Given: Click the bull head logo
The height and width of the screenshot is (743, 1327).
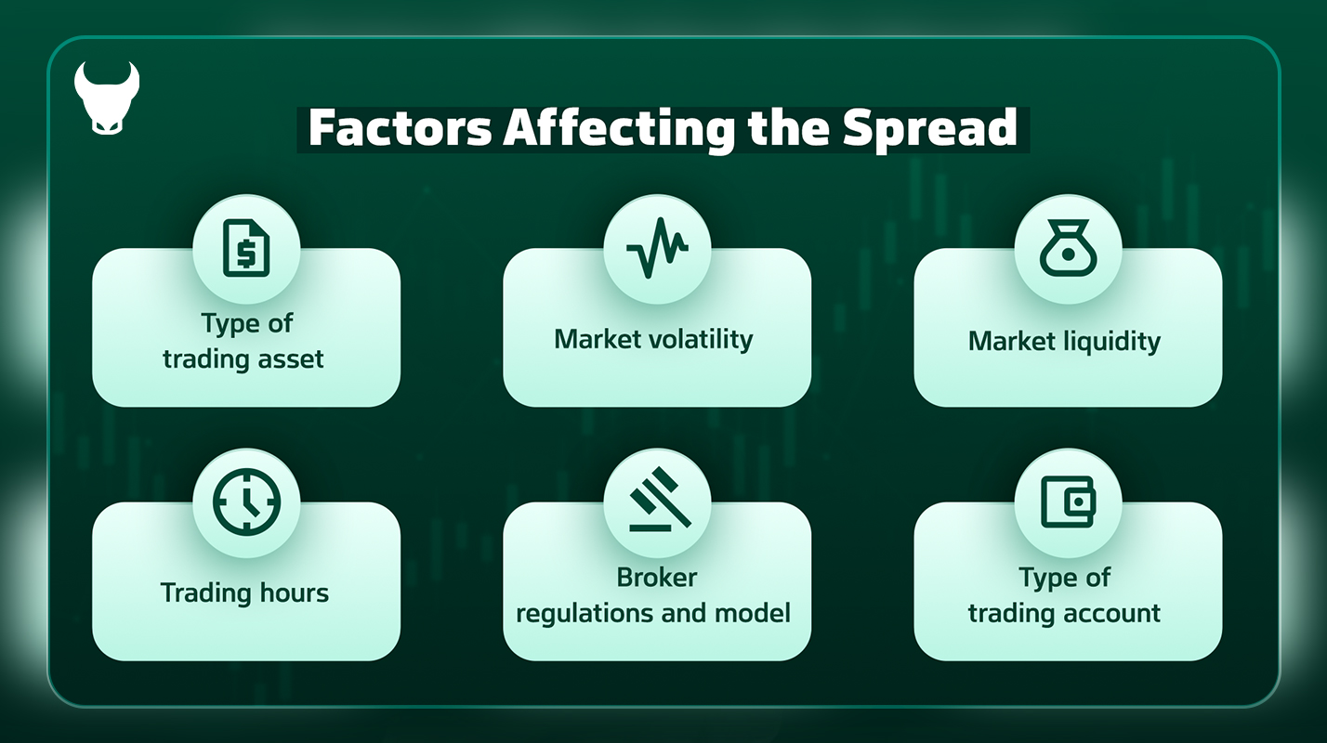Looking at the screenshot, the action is (x=107, y=98).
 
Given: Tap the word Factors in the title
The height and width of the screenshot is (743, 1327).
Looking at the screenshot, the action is (x=400, y=128).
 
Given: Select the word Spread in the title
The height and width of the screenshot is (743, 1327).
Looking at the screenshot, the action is (x=929, y=130).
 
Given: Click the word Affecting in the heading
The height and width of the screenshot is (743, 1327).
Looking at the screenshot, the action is (x=620, y=130).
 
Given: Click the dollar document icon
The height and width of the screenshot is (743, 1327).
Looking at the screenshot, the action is (x=246, y=248).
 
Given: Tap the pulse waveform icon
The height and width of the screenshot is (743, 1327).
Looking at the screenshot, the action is (x=657, y=248).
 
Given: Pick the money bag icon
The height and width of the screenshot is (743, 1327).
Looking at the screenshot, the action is (x=1068, y=248).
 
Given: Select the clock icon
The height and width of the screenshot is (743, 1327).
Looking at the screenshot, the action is (x=246, y=502).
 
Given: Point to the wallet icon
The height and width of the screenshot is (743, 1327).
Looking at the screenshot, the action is (x=1068, y=502).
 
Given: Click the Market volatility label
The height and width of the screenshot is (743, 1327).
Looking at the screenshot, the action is (x=653, y=340).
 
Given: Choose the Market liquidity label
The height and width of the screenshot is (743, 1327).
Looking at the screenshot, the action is (x=1065, y=342).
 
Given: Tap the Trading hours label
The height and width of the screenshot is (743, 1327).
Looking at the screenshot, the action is (x=244, y=593).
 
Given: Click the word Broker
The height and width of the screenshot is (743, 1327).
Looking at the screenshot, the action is (x=657, y=578).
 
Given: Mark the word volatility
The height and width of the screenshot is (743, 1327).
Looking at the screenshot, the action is (x=701, y=340).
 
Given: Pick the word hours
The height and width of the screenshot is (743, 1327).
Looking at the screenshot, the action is (x=294, y=593).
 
